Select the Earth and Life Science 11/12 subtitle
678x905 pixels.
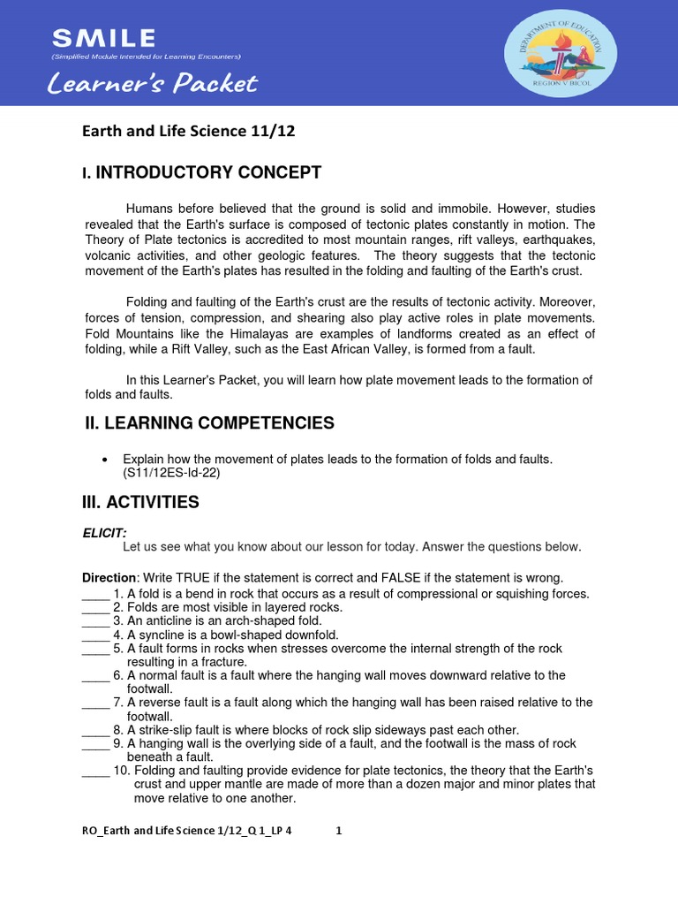click(188, 132)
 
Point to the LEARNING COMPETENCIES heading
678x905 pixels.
click(209, 423)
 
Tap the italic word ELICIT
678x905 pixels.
click(105, 533)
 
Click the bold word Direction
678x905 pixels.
click(110, 577)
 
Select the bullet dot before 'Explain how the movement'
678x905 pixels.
click(105, 460)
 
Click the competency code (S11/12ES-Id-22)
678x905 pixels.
click(171, 473)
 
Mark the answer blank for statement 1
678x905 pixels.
click(94, 594)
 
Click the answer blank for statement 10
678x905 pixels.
click(94, 771)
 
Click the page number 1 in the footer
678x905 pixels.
click(338, 831)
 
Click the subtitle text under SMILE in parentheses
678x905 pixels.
click(146, 57)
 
